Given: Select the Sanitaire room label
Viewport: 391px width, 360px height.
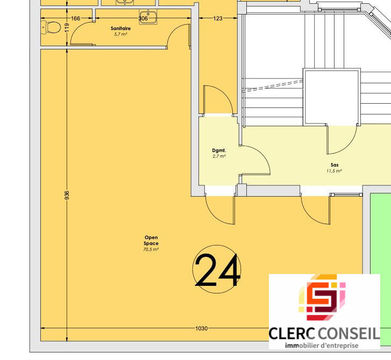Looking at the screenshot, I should tap(120, 28).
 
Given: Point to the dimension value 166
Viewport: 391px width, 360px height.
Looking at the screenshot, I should tap(76, 19).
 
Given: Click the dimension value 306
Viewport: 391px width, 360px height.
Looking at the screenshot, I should tap(143, 19).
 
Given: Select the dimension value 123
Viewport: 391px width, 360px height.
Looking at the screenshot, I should tap(218, 19).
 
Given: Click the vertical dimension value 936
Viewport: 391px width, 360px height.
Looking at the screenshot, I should tap(67, 195).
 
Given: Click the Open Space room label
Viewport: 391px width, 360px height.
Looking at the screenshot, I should tap(151, 241).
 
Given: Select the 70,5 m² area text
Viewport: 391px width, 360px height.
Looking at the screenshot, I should tap(151, 249).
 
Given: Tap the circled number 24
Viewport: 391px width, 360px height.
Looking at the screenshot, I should tap(217, 270).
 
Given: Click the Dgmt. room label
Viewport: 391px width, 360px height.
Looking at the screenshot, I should tap(219, 150).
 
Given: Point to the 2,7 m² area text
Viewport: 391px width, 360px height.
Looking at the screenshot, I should tap(219, 156).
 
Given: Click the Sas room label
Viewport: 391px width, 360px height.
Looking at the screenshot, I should tap(334, 165).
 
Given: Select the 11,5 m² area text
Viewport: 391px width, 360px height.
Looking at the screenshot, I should tap(334, 171).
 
